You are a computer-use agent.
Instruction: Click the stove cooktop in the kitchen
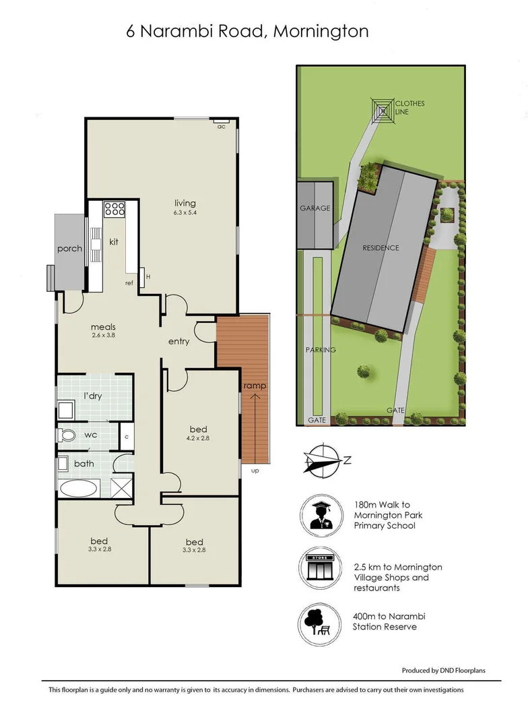[115, 210]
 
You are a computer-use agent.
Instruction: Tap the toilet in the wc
[67, 435]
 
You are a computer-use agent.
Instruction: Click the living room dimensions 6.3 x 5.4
[185, 213]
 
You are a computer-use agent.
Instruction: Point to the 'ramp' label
[255, 386]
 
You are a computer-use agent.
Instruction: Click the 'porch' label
[69, 249]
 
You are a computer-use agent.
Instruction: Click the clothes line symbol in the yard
[383, 109]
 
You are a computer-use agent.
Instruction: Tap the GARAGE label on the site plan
[315, 208]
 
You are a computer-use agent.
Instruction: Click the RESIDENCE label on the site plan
[381, 248]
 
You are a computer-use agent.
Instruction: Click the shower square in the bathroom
[121, 486]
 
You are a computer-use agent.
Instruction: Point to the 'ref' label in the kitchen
[129, 283]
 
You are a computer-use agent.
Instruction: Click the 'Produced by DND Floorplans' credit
[443, 670]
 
